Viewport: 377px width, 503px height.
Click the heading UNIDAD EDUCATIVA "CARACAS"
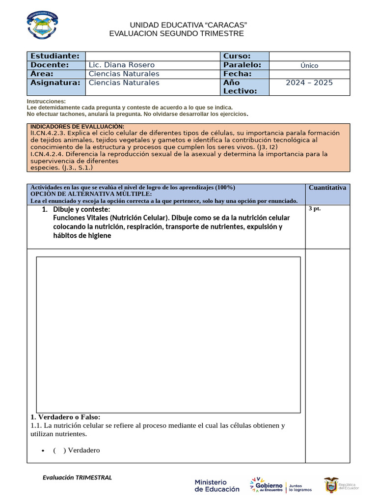pos(188,25)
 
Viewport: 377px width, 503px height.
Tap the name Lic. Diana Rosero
pos(121,65)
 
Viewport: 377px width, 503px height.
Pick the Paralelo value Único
pos(309,65)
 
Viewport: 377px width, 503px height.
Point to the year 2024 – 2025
pos(309,83)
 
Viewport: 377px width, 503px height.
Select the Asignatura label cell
pos(55,83)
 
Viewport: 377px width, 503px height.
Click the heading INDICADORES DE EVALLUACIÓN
pos(77,127)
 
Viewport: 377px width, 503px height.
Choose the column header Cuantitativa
pos(327,188)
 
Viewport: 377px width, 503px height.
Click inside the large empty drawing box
pos(168,335)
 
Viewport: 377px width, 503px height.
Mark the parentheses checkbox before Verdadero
pos(59,450)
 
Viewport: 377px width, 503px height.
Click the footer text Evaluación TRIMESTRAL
pos(77,477)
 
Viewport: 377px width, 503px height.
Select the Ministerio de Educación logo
pos(217,485)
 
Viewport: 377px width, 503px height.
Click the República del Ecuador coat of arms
pos(331,485)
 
